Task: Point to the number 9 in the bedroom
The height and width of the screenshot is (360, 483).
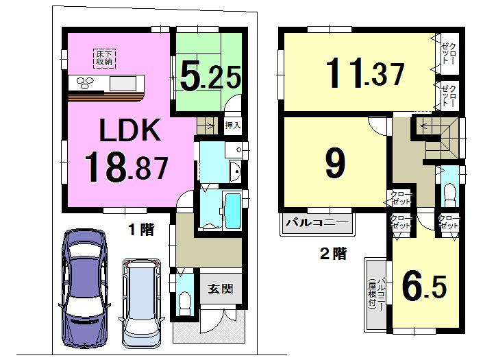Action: click(x=334, y=163)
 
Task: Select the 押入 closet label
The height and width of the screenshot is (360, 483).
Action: click(x=233, y=125)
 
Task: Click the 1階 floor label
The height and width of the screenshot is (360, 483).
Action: click(x=141, y=230)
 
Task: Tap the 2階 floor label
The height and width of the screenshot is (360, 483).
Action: click(x=334, y=254)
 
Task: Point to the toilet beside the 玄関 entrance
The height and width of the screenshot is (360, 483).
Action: click(x=184, y=299)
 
